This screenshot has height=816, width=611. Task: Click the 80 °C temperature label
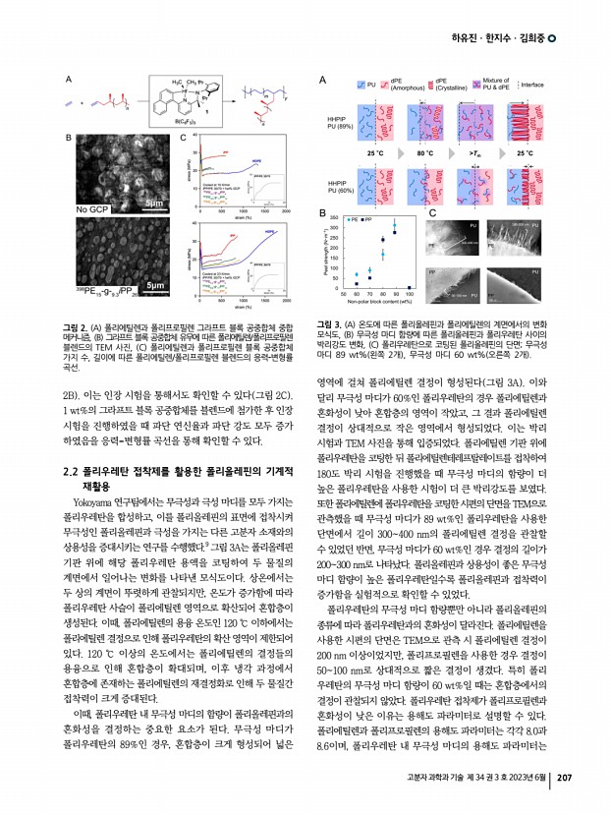(x=424, y=154)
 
